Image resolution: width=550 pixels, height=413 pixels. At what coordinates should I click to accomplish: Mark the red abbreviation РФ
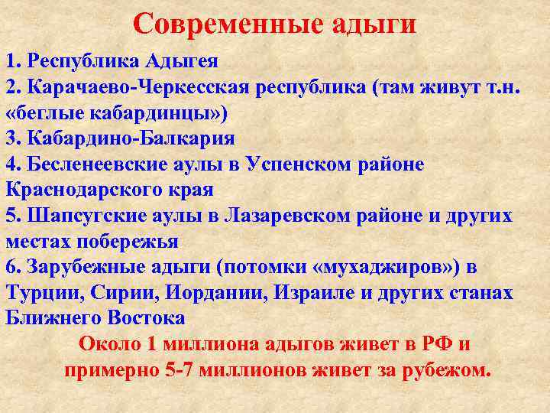[435, 345]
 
